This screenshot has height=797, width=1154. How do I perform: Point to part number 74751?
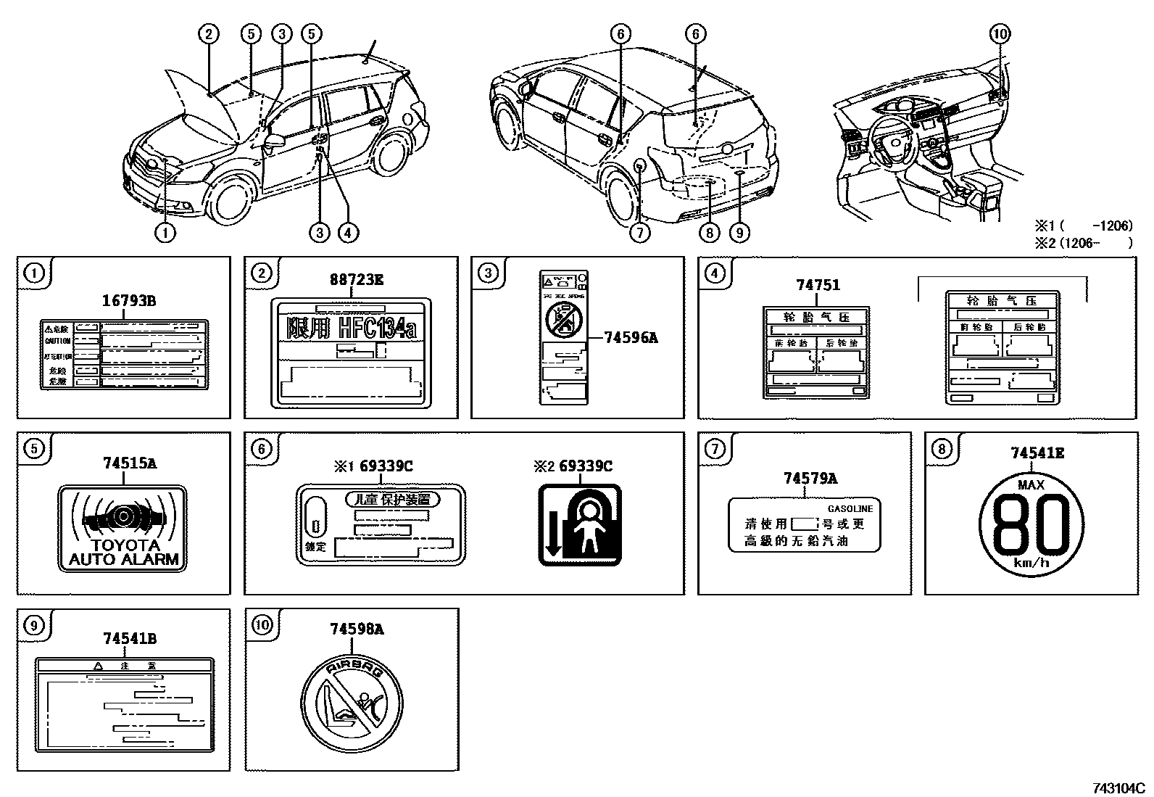[818, 285]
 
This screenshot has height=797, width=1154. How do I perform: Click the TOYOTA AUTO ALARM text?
[123, 552]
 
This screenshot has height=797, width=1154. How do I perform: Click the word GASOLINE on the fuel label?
[850, 509]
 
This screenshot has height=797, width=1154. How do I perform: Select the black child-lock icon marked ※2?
[579, 524]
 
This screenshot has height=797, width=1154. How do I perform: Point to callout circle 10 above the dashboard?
[1000, 33]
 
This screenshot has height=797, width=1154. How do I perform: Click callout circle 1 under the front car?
[165, 232]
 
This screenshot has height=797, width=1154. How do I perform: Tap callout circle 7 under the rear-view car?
[641, 232]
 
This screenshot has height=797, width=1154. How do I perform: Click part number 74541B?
[129, 638]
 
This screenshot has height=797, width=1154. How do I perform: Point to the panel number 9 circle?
[34, 624]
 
